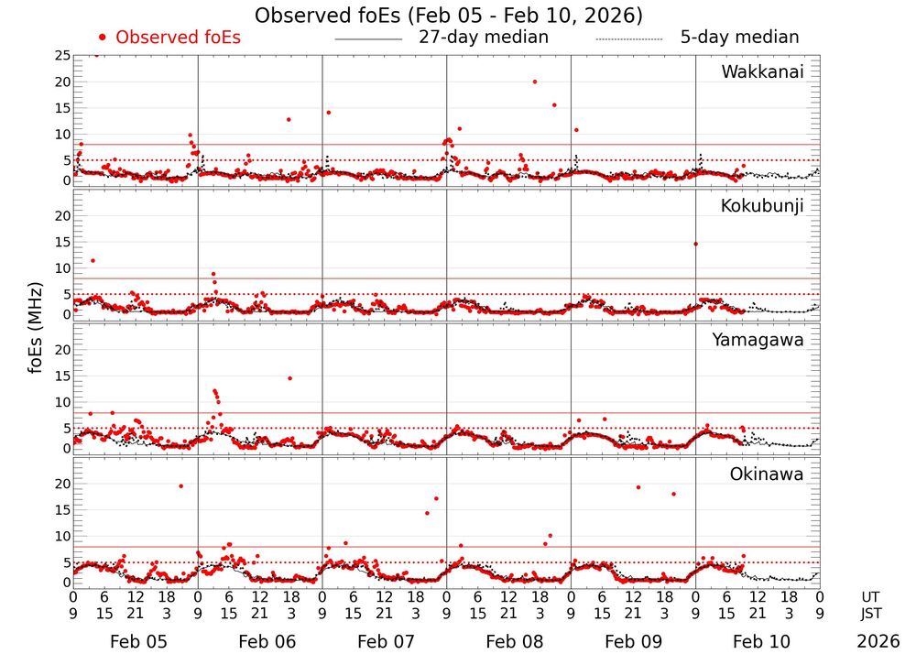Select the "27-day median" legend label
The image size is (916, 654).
(x=484, y=38)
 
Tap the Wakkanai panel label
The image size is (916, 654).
(x=762, y=72)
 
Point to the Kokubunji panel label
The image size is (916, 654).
(x=762, y=206)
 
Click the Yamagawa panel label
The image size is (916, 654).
(x=758, y=340)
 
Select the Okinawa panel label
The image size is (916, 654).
(x=767, y=474)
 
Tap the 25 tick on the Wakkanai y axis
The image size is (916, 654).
(x=62, y=56)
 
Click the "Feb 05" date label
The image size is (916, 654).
(x=137, y=641)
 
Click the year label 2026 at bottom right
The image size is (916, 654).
(x=878, y=641)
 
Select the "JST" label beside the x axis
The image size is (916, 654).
(x=875, y=613)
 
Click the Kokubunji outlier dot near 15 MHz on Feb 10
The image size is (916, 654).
(x=696, y=244)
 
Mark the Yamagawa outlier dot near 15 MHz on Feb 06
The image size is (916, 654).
(x=289, y=378)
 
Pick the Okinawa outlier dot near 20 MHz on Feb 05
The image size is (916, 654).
(x=180, y=485)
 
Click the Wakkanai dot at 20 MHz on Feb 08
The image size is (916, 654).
(x=535, y=82)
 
